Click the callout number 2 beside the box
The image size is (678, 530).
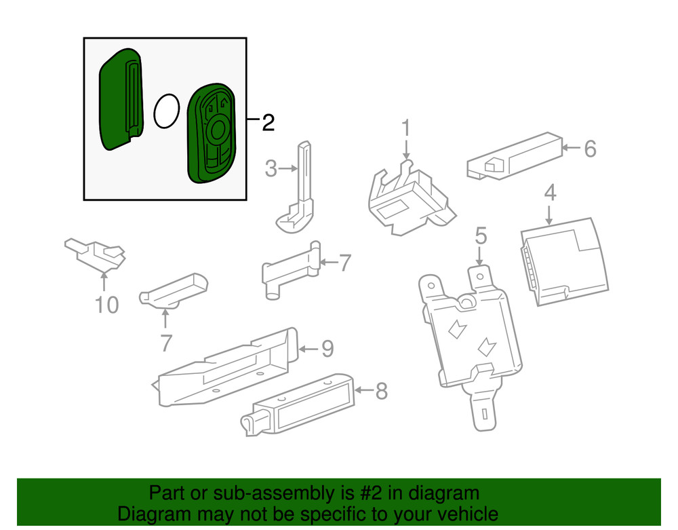(268, 123)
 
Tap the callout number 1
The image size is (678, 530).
(405, 128)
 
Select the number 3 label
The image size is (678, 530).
(271, 168)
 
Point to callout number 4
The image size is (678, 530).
(550, 193)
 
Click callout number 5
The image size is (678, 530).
(481, 236)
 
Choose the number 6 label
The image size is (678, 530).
(591, 149)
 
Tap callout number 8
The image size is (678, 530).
(381, 391)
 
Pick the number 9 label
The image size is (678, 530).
(327, 349)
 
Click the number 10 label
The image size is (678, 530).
(106, 305)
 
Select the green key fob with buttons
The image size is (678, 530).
(212, 133)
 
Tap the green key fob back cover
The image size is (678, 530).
(121, 100)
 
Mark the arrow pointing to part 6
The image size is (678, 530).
(571, 148)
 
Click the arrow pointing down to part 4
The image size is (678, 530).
(549, 215)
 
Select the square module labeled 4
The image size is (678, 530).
(564, 262)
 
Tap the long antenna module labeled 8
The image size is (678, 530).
(298, 405)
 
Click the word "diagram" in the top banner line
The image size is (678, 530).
(445, 493)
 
